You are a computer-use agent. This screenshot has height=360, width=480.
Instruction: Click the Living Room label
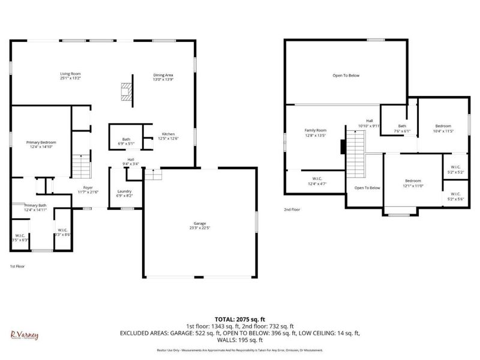click(x=70, y=73)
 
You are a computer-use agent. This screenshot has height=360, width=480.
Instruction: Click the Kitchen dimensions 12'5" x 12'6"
click(x=168, y=139)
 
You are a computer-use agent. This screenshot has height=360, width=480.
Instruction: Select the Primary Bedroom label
click(x=41, y=142)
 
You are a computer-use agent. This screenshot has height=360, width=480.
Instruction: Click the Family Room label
click(x=315, y=130)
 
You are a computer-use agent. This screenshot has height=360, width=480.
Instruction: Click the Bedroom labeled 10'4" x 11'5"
click(x=443, y=127)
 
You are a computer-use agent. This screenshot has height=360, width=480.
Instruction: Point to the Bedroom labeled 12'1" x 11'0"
click(x=413, y=181)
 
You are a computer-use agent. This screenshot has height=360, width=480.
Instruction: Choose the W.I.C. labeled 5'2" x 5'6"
click(x=455, y=196)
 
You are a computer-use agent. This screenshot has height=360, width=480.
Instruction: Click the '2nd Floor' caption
click(x=292, y=209)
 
